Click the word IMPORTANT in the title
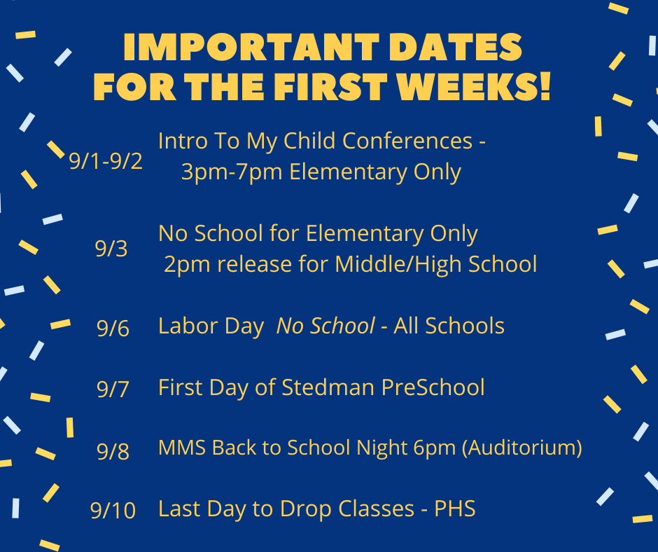coord(251,47)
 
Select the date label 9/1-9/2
coord(106,161)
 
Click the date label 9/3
coord(111,248)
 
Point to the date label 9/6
coord(113,328)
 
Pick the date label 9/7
coord(113,389)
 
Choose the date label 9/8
coord(113,450)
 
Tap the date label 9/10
coord(113,511)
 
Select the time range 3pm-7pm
coord(232,172)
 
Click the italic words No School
coord(325,326)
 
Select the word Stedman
coord(328,387)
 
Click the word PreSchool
coord(433,387)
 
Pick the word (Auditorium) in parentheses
coord(522,448)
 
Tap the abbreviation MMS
coord(182,448)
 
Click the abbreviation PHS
coord(455,509)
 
